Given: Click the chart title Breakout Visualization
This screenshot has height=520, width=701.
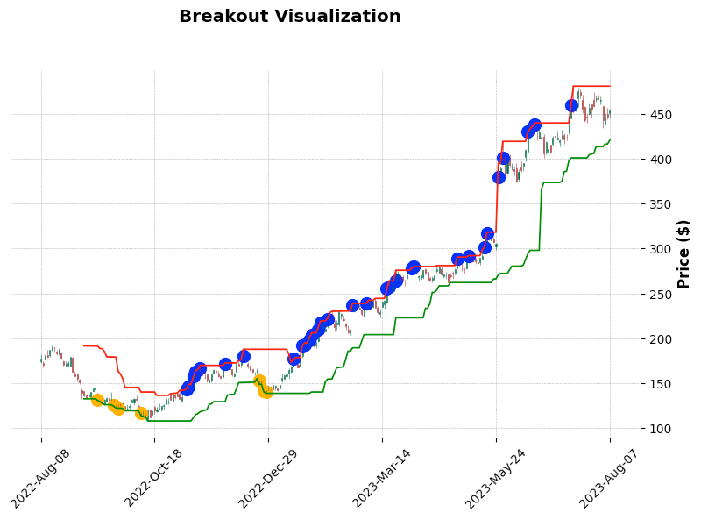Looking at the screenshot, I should (x=289, y=17).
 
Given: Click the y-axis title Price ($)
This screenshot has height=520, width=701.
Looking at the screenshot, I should (x=684, y=253).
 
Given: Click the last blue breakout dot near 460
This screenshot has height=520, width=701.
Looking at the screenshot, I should (x=571, y=105).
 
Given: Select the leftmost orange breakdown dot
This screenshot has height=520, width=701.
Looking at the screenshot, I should (x=97, y=400).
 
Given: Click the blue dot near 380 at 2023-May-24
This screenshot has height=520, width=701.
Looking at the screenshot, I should (x=499, y=177).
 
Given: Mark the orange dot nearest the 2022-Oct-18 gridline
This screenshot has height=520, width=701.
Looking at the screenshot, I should (x=141, y=413).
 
